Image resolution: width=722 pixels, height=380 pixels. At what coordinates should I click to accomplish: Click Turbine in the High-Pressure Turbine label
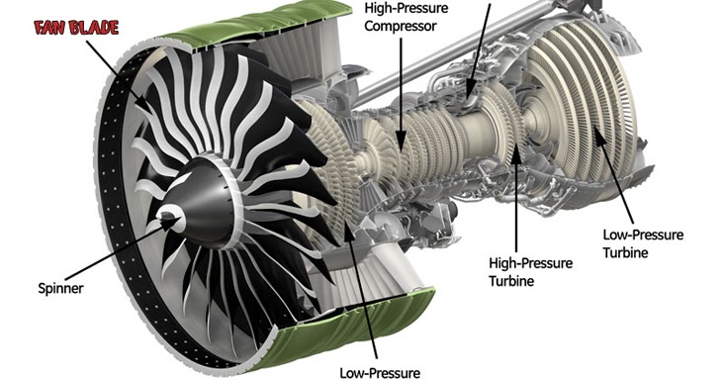511,281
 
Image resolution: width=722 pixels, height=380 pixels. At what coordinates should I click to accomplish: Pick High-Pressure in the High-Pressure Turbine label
525,264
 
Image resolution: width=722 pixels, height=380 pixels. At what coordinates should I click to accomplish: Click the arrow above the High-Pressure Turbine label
514,198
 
